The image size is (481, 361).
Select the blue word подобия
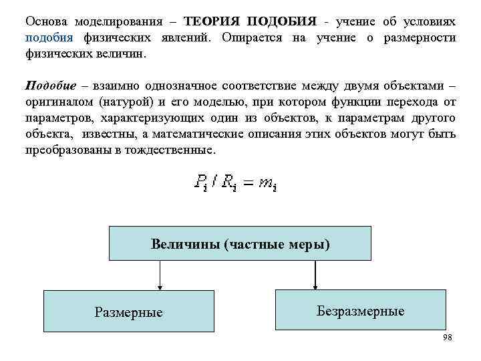tap(45, 37)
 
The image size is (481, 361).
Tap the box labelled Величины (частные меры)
tap(240, 243)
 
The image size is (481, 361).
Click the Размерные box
tap(128, 312)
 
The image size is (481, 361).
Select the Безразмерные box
tap(360, 310)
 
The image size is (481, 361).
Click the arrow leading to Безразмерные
tap(314, 274)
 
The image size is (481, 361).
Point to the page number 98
tap(447, 338)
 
